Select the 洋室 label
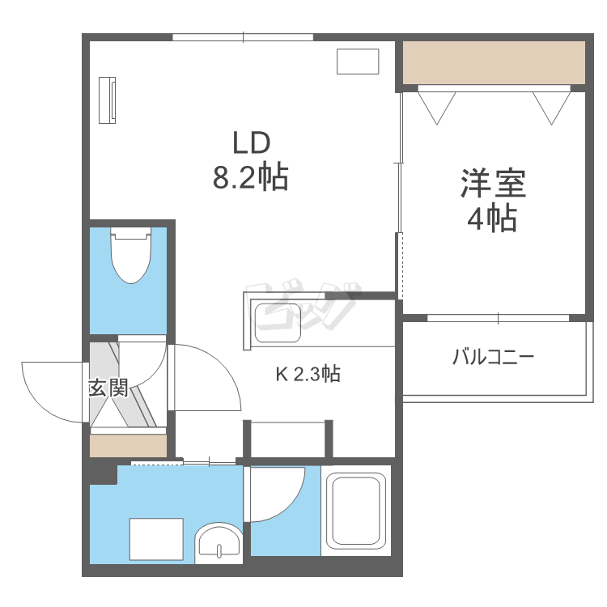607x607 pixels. click(x=494, y=184)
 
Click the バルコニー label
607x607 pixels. click(x=495, y=356)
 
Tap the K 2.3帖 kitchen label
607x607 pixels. click(x=308, y=374)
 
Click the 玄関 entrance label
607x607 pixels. click(x=108, y=388)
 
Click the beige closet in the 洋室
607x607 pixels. click(x=494, y=63)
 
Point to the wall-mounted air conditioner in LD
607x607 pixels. click(x=108, y=100)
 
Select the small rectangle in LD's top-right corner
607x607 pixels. click(x=357, y=62)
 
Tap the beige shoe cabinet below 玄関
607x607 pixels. click(x=128, y=446)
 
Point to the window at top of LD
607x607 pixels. click(x=243, y=36)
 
